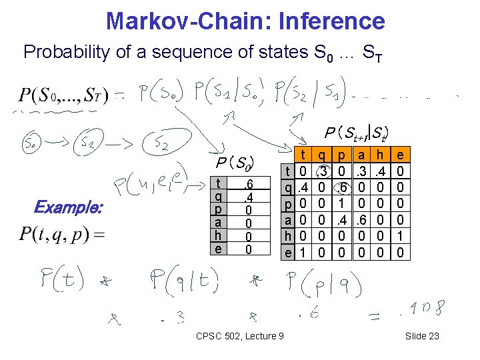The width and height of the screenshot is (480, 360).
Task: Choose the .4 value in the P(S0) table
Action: pos(246,197)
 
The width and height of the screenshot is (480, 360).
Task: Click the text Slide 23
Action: pos(422,335)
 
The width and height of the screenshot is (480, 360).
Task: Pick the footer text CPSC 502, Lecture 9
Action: pos(241,335)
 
